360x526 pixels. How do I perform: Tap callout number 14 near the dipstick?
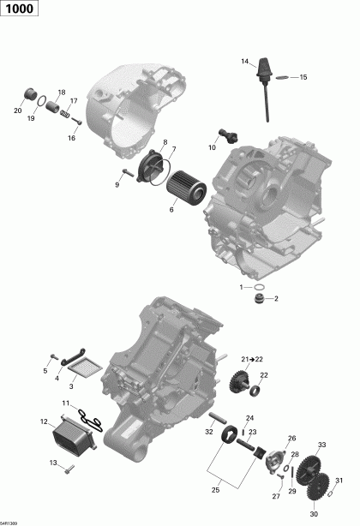click(244, 61)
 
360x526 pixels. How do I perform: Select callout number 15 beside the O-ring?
click(303, 78)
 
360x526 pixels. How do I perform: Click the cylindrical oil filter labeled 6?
click(183, 188)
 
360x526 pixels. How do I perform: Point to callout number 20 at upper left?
click(17, 110)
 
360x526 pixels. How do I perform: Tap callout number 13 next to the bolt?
click(52, 463)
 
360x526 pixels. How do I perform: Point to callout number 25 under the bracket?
click(215, 490)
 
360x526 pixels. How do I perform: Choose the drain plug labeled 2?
click(255, 298)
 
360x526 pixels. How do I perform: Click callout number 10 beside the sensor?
click(212, 146)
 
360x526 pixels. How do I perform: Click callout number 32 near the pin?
click(210, 433)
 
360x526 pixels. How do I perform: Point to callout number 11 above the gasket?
click(65, 403)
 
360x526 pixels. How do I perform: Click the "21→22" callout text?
click(253, 358)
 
